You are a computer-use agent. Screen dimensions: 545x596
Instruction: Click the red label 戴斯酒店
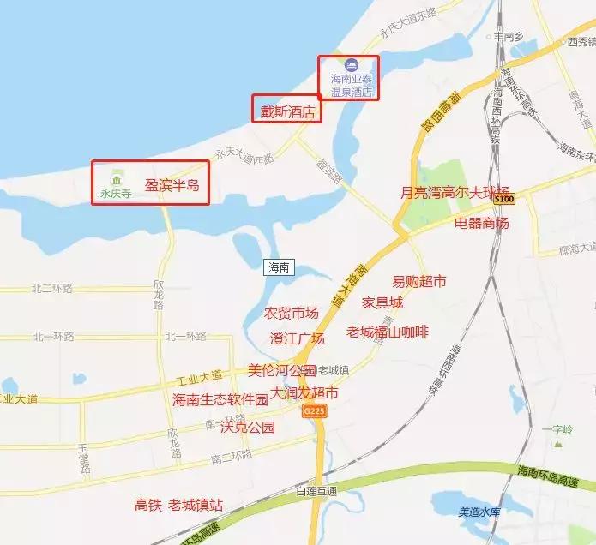(x=286, y=111)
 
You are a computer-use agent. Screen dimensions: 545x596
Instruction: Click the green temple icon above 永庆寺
(x=114, y=178)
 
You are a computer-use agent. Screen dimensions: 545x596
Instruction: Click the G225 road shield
(x=314, y=411)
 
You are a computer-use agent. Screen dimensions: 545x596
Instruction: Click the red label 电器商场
(x=481, y=223)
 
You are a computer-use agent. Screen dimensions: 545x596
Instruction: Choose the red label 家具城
(x=382, y=302)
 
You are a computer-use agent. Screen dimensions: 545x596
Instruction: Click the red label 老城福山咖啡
(x=387, y=331)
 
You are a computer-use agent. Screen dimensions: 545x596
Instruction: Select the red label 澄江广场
(x=297, y=338)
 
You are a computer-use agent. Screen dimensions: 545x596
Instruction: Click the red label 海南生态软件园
(x=220, y=399)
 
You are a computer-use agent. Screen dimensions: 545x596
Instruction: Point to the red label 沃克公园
(x=247, y=426)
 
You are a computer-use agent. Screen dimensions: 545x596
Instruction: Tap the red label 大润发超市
(x=304, y=392)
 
